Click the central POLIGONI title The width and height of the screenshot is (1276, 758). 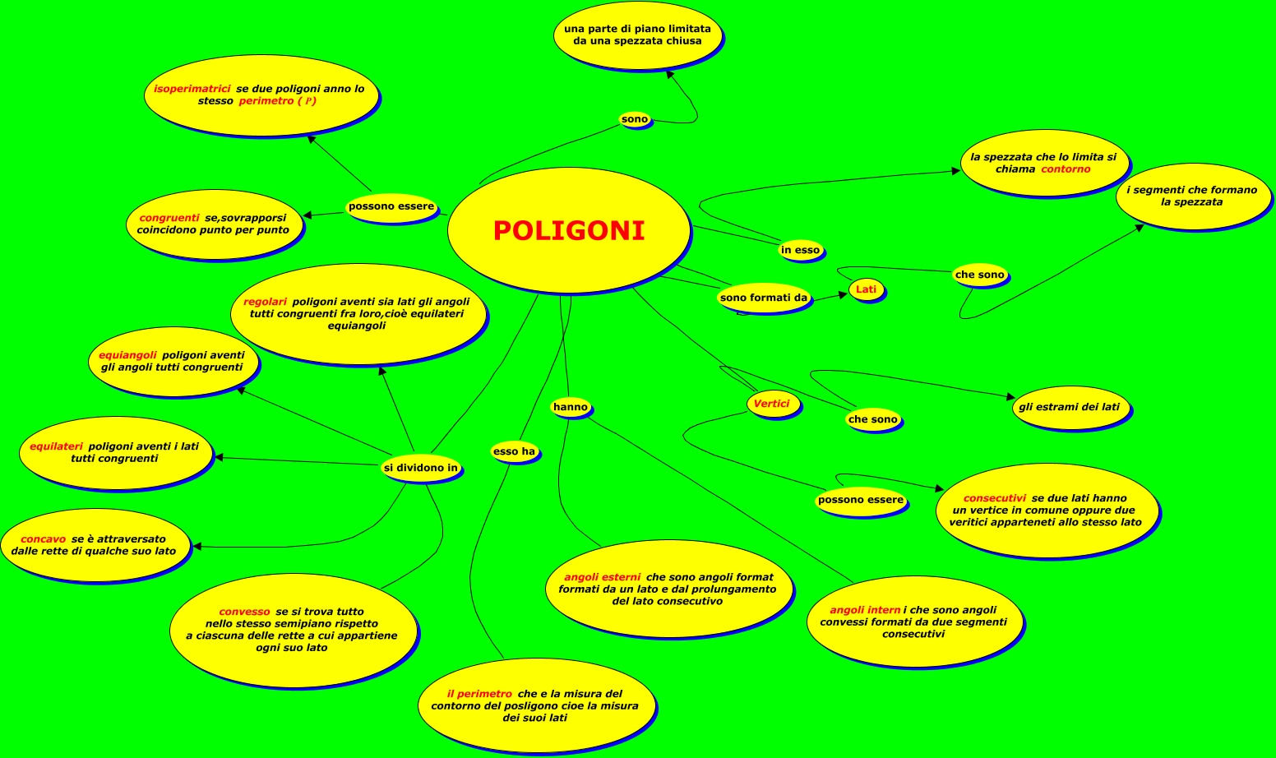[569, 231]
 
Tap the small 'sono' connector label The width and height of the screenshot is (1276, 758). [635, 119]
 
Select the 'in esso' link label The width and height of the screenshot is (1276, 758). [800, 250]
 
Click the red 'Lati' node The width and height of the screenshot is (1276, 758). [867, 289]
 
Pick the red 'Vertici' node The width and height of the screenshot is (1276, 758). [771, 404]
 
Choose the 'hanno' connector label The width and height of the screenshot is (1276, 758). [571, 407]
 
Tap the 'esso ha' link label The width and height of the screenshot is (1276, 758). [514, 451]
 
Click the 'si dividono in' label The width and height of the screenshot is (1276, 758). [421, 468]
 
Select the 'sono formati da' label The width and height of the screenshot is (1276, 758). [764, 298]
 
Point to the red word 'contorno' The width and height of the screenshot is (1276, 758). [1066, 169]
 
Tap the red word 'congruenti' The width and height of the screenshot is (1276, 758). [169, 218]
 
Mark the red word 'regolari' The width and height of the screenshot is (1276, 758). [265, 302]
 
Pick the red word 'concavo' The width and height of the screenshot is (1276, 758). [44, 539]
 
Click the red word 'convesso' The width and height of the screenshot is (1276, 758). [244, 612]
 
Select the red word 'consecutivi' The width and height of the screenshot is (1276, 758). [995, 498]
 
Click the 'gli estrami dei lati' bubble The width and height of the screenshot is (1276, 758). [1069, 407]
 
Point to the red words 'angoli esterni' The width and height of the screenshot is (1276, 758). [602, 577]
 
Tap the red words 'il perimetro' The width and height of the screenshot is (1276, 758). [479, 694]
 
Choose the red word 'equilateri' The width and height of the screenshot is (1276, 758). [57, 446]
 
